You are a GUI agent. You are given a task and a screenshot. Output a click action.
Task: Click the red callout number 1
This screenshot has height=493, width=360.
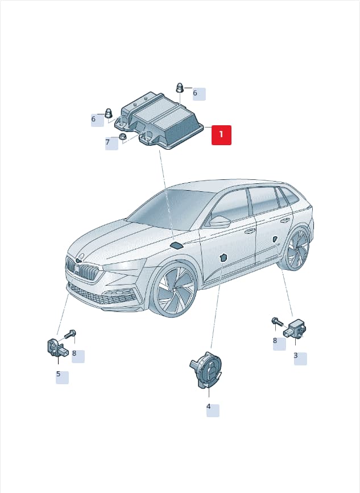(x=221, y=135)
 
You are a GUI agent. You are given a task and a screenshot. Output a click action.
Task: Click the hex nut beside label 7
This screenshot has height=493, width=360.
(x=122, y=137)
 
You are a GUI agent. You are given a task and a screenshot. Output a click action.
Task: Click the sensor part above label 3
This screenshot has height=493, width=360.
(x=295, y=329)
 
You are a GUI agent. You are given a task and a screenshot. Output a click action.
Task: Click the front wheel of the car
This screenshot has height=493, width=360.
(x=173, y=290)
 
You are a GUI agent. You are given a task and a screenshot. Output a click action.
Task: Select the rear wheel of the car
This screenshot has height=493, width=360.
(x=296, y=249)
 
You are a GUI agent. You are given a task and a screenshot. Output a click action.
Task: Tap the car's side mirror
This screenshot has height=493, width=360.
(x=220, y=221)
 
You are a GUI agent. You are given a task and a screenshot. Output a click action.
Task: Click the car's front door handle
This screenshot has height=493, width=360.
(x=250, y=231)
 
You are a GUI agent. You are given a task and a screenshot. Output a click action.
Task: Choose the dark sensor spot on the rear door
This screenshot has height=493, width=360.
(x=275, y=239)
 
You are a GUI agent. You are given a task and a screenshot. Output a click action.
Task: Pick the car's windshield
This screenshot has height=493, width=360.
(x=169, y=208)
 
